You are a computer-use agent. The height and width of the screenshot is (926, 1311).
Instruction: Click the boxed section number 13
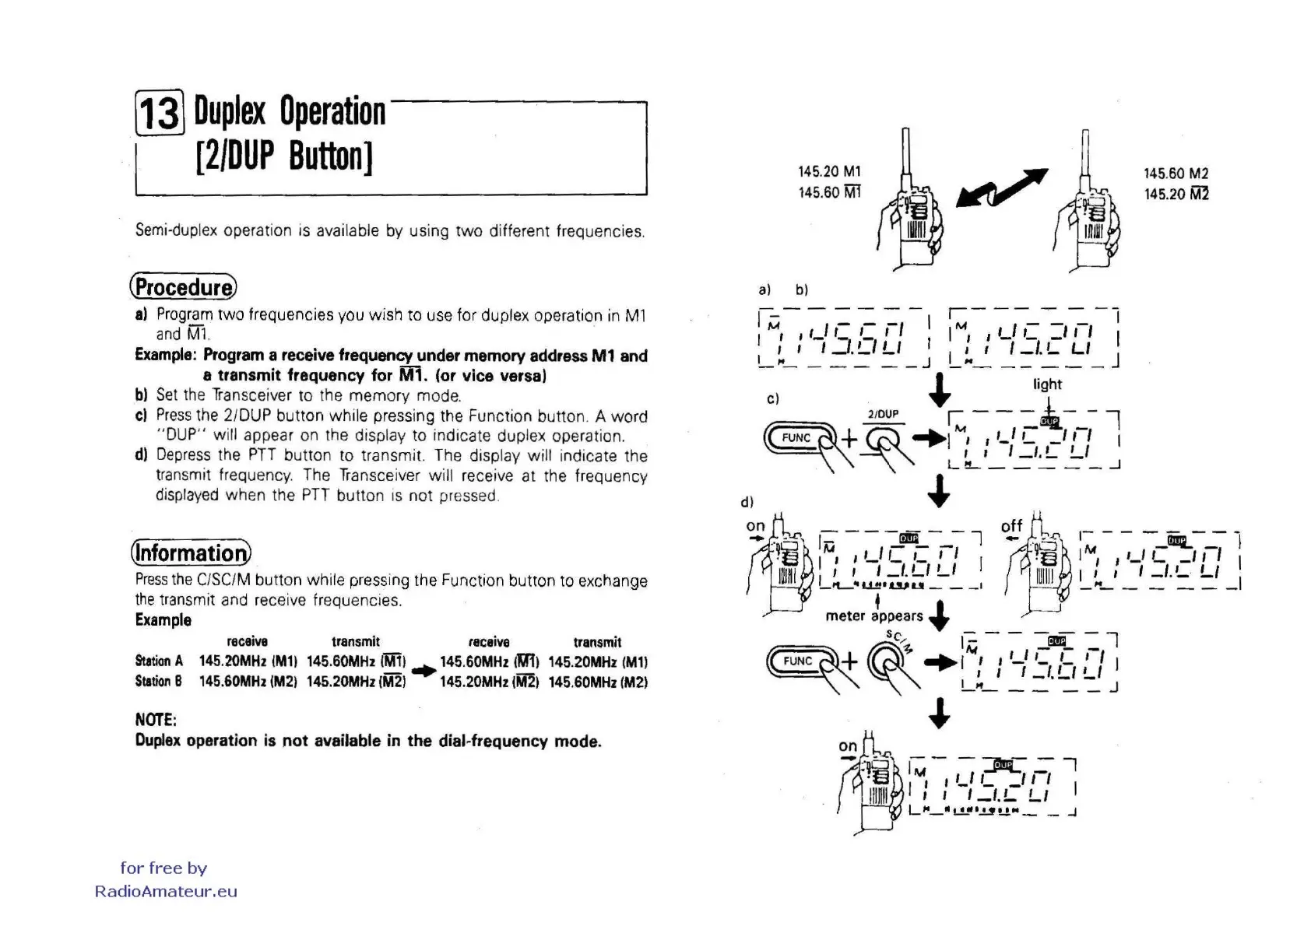(160, 112)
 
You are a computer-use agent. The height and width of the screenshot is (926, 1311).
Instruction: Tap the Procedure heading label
(183, 287)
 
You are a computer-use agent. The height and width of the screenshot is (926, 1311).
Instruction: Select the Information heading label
(191, 552)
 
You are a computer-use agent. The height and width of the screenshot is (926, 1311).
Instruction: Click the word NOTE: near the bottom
(156, 720)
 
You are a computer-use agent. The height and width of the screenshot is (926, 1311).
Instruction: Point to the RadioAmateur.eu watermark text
(166, 892)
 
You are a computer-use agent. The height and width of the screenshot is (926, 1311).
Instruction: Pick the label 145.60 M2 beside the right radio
(1176, 174)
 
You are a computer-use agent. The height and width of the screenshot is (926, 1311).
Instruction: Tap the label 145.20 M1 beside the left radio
(829, 171)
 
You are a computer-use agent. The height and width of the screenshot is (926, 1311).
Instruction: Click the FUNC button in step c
(796, 438)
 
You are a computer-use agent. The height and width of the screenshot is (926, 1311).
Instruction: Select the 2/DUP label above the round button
(883, 414)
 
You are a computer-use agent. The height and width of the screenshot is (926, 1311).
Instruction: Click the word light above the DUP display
(1047, 384)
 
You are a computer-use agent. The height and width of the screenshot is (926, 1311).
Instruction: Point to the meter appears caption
(873, 616)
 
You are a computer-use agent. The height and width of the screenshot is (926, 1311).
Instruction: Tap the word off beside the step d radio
(1011, 527)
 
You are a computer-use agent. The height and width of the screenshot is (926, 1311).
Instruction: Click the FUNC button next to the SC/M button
(797, 661)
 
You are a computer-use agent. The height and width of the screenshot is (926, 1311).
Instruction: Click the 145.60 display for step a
(844, 338)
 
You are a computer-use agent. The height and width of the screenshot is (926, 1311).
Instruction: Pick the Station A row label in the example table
(159, 661)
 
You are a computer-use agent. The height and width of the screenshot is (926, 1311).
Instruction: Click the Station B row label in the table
(158, 682)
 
